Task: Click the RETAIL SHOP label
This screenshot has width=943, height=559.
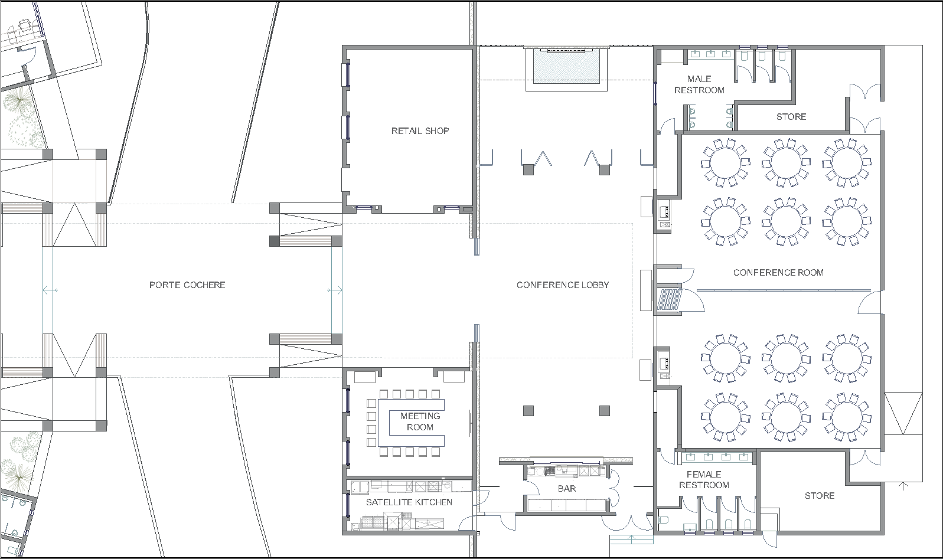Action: pyautogui.click(x=420, y=131)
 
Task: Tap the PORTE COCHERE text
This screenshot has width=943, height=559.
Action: pyautogui.click(x=187, y=285)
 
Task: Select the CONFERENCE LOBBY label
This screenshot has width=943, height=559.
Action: pyautogui.click(x=563, y=285)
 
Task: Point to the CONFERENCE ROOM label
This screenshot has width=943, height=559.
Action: pyautogui.click(x=778, y=272)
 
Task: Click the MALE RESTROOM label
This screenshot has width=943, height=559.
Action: pyautogui.click(x=699, y=84)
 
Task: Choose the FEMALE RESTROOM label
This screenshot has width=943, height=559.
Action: pyautogui.click(x=704, y=480)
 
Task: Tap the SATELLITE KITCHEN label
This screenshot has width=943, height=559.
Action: pyautogui.click(x=409, y=502)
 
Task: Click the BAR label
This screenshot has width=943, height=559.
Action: pyautogui.click(x=567, y=489)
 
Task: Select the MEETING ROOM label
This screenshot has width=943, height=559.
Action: pyautogui.click(x=420, y=421)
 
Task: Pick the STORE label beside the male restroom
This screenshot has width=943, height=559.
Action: pyautogui.click(x=791, y=117)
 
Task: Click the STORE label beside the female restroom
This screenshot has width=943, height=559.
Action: pyautogui.click(x=820, y=495)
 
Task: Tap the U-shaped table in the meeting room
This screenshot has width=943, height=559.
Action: pyautogui.click(x=383, y=423)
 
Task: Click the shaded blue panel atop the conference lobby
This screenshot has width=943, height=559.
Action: pyautogui.click(x=566, y=66)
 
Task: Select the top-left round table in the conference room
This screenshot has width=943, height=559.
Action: pyautogui.click(x=725, y=163)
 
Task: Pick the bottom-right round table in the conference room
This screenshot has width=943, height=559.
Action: pyautogui.click(x=847, y=417)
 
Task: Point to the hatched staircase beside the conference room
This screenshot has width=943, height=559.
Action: pyautogui.click(x=670, y=299)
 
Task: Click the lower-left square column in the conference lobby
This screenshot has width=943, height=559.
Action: pyautogui.click(x=528, y=411)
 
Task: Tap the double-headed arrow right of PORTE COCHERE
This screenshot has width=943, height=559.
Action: pyautogui.click(x=335, y=290)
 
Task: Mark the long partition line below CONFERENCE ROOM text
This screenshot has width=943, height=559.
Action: pyautogui.click(x=784, y=290)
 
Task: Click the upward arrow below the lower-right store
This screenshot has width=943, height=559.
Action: pyautogui.click(x=903, y=486)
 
